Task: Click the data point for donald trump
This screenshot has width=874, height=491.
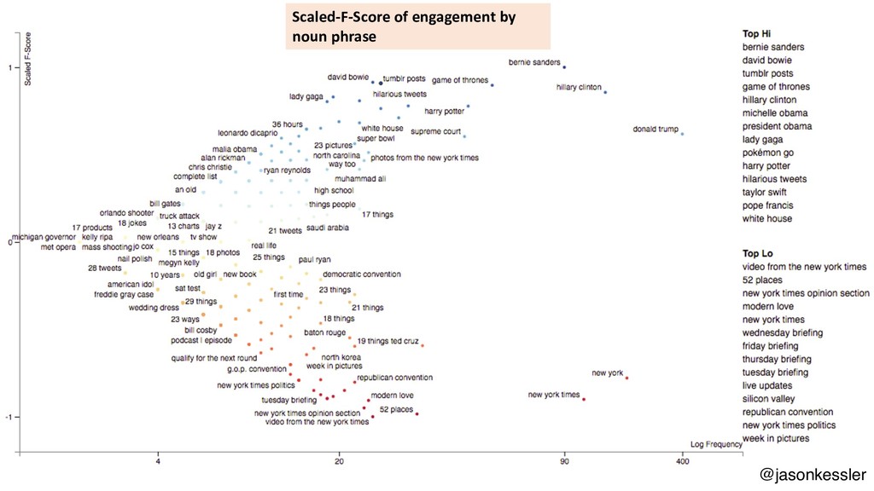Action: (x=682, y=134)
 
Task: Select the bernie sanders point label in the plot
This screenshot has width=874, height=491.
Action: (x=534, y=62)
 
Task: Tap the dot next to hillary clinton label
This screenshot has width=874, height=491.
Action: (x=605, y=91)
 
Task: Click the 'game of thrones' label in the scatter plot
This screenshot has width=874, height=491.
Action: (x=460, y=80)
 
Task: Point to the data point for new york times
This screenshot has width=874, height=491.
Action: (x=584, y=399)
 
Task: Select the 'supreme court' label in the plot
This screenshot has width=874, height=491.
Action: (x=435, y=131)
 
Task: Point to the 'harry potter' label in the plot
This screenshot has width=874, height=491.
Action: (x=444, y=111)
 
